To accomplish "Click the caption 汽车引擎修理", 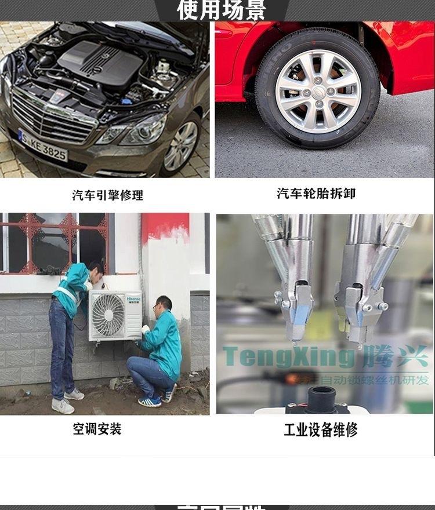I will (107, 195).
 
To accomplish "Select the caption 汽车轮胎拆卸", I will (316, 194).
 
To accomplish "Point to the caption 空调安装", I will (97, 429).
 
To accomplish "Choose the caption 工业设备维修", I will (320, 429).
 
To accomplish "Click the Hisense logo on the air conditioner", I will (130, 298).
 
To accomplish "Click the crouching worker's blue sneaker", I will (150, 401).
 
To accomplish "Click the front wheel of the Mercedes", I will (182, 146).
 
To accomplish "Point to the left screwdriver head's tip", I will (295, 342).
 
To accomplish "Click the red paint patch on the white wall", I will (165, 226).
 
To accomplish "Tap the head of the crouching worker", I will (164, 305).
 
